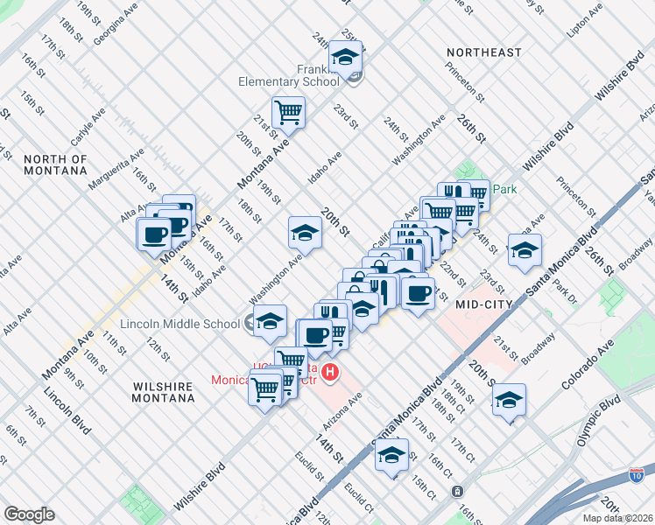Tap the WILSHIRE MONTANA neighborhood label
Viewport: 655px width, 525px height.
(164, 391)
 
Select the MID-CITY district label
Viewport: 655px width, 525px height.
(482, 303)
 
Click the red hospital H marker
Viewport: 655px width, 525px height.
(330, 373)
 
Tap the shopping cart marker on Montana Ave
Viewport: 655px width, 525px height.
(287, 111)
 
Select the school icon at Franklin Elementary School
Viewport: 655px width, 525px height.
(345, 57)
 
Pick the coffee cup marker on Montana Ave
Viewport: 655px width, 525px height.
(154, 234)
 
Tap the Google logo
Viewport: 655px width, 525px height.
(29, 514)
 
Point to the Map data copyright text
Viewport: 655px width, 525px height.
(617, 518)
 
